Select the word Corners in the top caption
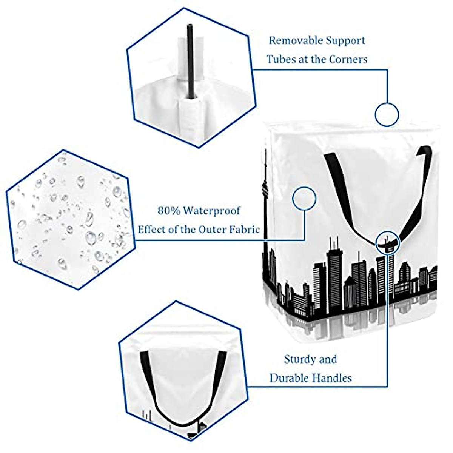(x=348, y=59)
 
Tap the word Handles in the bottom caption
(x=334, y=378)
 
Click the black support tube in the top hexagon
(x=190, y=60)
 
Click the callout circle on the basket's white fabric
(x=304, y=199)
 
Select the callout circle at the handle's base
(x=387, y=242)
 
